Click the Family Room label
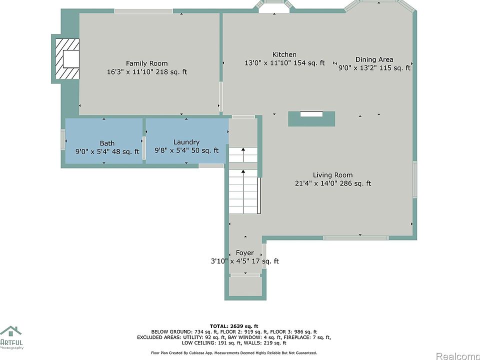(x=146, y=63)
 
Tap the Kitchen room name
(x=284, y=54)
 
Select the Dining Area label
(x=374, y=59)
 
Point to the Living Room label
(x=333, y=175)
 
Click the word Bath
(x=107, y=143)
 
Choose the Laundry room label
(x=186, y=142)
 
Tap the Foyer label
(x=245, y=253)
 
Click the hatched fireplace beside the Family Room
(x=67, y=59)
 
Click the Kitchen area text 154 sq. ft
(x=309, y=63)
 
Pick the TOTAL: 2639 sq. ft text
(x=234, y=326)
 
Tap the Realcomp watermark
(x=458, y=356)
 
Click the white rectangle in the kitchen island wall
(x=311, y=114)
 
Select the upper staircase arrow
(x=243, y=154)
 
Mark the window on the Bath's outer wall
(x=63, y=140)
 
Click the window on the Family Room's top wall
(x=143, y=11)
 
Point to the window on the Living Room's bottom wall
(x=355, y=238)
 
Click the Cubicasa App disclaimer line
(x=234, y=353)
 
